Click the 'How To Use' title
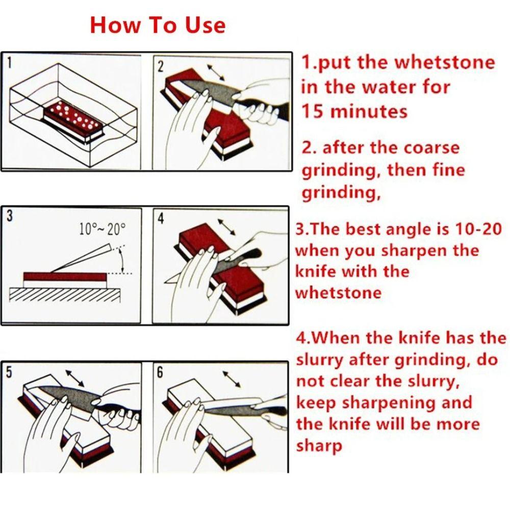point(157,25)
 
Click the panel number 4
point(161,219)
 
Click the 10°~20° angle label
point(102,229)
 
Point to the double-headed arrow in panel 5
point(75,378)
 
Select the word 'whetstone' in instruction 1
point(445,63)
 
